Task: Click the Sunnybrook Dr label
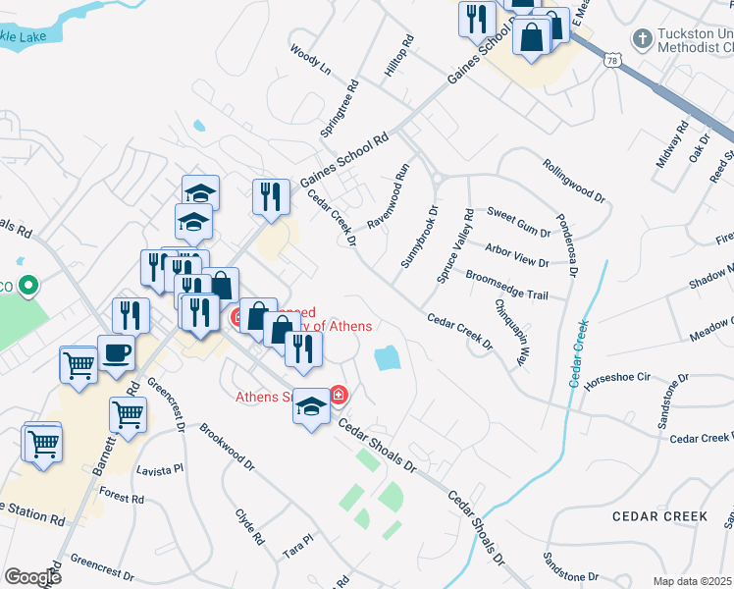pyautogui.click(x=419, y=237)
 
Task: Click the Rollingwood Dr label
pyautogui.click(x=574, y=180)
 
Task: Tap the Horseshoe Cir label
pyautogui.click(x=617, y=377)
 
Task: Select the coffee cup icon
pyautogui.click(x=117, y=353)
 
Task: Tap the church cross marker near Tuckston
pyautogui.click(x=642, y=39)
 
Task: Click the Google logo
pyautogui.click(x=33, y=576)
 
